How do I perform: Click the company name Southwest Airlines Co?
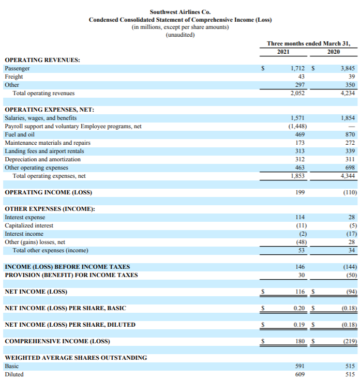pyautogui.click(x=180, y=12)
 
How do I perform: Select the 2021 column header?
pyautogui.click(x=283, y=52)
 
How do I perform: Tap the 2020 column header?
pyautogui.click(x=334, y=52)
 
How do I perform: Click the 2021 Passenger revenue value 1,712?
pyautogui.click(x=297, y=68)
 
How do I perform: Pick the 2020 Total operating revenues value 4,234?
pyautogui.click(x=348, y=94)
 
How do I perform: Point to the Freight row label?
pyautogui.click(x=14, y=77)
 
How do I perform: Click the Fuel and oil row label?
pyautogui.click(x=19, y=134)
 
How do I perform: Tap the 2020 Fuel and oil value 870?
pyautogui.click(x=350, y=134)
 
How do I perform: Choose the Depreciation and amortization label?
pyautogui.click(x=42, y=159)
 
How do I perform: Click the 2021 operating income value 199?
pyautogui.click(x=299, y=193)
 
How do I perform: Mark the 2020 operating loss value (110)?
pyautogui.click(x=349, y=193)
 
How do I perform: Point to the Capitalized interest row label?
pyautogui.click(x=29, y=226)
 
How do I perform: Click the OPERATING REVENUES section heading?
pyautogui.click(x=42, y=60)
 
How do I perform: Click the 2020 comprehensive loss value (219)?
pyautogui.click(x=349, y=342)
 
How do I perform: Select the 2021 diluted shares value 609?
pyautogui.click(x=299, y=374)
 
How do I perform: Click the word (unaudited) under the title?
pyautogui.click(x=180, y=35)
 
